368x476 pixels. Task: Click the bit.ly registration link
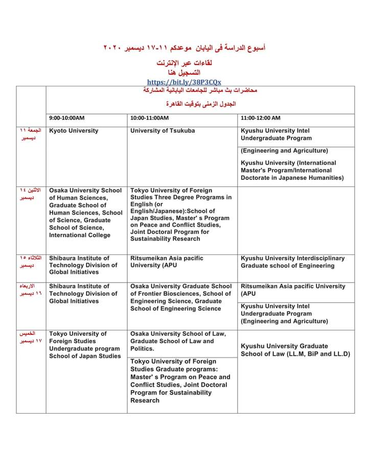coord(184,82)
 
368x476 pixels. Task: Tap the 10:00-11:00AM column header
coord(149,118)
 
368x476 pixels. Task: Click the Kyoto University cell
coord(74,131)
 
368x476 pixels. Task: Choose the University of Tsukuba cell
coord(163,131)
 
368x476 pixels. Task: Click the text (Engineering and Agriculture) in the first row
coord(285,151)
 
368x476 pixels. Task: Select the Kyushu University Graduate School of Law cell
coord(295,350)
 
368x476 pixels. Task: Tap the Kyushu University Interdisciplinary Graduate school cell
coord(293,262)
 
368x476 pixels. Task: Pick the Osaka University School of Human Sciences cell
coord(86,212)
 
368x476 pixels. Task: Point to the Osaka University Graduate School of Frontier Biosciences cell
coord(180,297)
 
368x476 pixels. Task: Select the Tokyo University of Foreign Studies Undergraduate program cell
coord(85,345)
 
